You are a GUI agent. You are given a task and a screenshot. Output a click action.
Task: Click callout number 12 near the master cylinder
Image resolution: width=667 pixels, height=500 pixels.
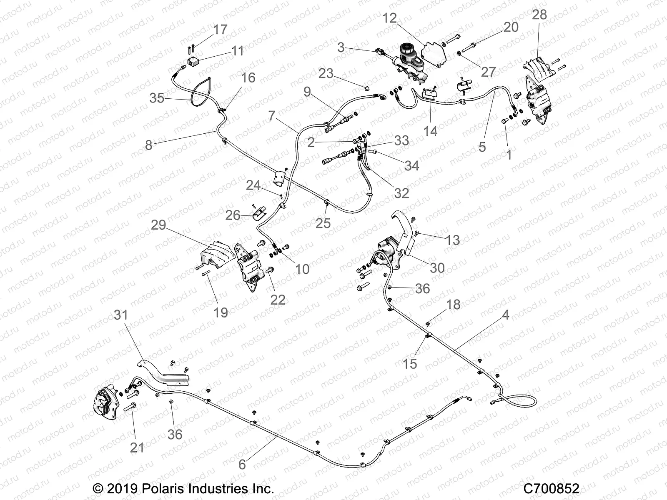pyautogui.click(x=390, y=18)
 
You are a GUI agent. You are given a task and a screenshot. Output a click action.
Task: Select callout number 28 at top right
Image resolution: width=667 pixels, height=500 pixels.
pyautogui.click(x=539, y=15)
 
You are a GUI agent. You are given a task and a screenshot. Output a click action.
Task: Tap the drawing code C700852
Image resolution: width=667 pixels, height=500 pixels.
pyautogui.click(x=551, y=488)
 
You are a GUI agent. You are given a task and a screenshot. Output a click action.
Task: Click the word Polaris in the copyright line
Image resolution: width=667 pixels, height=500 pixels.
pyautogui.click(x=163, y=488)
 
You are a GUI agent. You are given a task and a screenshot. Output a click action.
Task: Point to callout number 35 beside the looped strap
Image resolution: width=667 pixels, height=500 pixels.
pyautogui.click(x=157, y=98)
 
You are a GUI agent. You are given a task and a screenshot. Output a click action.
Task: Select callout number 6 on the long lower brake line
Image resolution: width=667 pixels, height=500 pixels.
pyautogui.click(x=242, y=465)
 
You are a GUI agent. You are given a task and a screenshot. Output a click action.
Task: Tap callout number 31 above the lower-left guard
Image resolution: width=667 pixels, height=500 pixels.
pyautogui.click(x=121, y=315)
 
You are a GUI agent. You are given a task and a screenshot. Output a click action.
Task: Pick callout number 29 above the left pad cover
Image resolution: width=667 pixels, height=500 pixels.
pyautogui.click(x=158, y=225)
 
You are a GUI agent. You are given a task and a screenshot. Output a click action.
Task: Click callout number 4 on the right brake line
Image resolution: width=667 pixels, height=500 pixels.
pyautogui.click(x=505, y=315)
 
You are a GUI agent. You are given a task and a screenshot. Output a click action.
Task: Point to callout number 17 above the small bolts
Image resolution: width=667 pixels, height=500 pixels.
pyautogui.click(x=220, y=30)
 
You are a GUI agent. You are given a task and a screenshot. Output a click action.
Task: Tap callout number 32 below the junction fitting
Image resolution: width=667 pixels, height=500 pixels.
pyautogui.click(x=401, y=193)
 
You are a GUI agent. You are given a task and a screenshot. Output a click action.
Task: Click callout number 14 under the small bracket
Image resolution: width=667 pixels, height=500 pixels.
pyautogui.click(x=430, y=131)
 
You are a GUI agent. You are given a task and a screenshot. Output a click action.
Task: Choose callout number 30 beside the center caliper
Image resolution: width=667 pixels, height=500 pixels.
pyautogui.click(x=437, y=267)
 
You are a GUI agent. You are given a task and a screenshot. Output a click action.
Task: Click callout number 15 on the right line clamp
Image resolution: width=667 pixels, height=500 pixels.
pyautogui.click(x=410, y=364)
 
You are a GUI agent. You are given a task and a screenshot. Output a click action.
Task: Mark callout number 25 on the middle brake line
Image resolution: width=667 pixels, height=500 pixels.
pyautogui.click(x=323, y=223)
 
